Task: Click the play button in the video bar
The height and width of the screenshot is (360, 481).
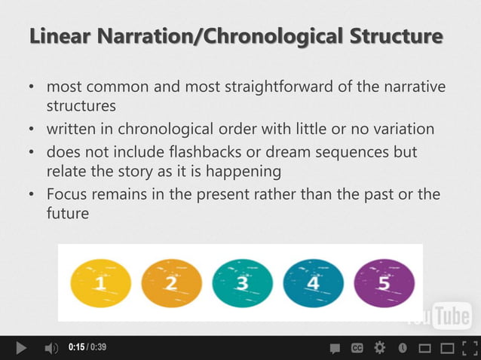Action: pos(21,348)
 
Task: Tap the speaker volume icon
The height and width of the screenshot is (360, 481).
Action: pos(51,348)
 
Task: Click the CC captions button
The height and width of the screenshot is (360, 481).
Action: pos(357,348)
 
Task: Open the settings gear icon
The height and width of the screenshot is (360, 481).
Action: pos(380,348)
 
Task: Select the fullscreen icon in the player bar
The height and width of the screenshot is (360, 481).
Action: pos(468,348)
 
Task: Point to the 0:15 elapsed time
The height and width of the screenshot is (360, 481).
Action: pos(75,348)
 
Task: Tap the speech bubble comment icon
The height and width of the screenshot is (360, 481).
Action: pos(335,348)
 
